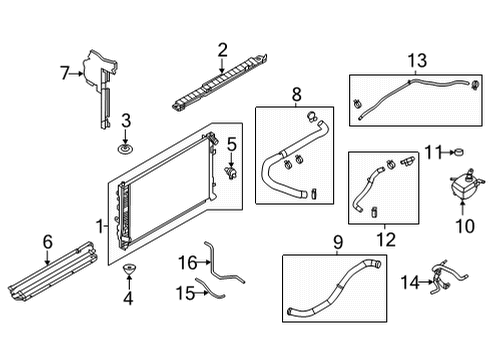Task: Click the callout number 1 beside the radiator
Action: click(98, 226)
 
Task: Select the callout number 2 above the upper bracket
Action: click(222, 47)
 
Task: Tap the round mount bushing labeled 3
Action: click(126, 149)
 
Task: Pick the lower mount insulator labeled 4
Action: click(127, 272)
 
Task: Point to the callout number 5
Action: click(230, 144)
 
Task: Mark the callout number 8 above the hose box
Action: click(295, 95)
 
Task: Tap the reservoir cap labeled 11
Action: click(461, 154)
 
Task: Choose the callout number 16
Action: click(186, 262)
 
